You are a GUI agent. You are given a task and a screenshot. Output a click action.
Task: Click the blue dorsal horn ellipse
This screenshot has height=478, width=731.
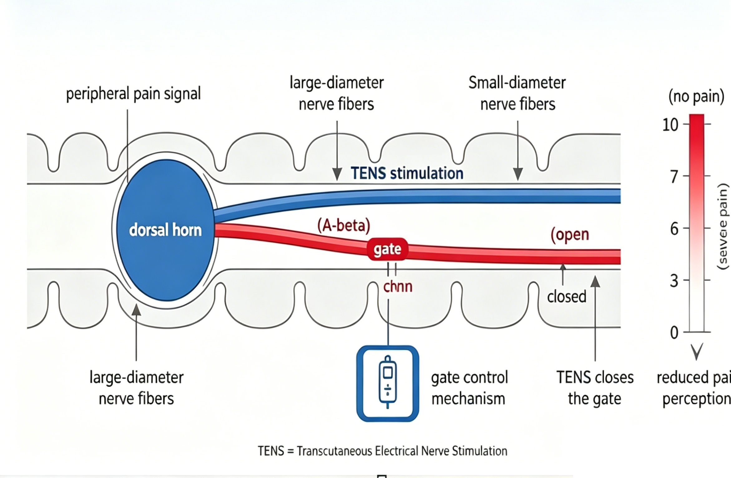pyautogui.click(x=165, y=230)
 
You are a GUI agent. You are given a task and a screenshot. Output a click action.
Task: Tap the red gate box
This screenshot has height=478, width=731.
pyautogui.click(x=387, y=249)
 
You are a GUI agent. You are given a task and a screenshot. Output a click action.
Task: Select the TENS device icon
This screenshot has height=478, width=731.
pyautogui.click(x=387, y=383)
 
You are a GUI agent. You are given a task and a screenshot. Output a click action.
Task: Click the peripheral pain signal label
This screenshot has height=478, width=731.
pyautogui.click(x=133, y=94)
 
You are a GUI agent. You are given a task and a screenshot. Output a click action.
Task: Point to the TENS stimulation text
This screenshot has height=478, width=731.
pyautogui.click(x=407, y=173)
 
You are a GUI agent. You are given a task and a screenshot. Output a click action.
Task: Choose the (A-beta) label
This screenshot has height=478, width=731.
pyautogui.click(x=344, y=225)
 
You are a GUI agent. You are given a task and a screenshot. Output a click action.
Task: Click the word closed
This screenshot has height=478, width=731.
pyautogui.click(x=567, y=297)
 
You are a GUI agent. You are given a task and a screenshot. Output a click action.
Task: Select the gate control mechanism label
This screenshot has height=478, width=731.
pyautogui.click(x=469, y=388)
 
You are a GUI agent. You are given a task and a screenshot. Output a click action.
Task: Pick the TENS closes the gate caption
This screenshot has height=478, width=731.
pyautogui.click(x=595, y=388)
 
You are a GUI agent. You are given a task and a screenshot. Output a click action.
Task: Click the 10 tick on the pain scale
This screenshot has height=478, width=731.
pyautogui.click(x=670, y=125)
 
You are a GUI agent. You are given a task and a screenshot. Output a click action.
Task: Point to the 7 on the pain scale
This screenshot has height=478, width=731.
pyautogui.click(x=674, y=177)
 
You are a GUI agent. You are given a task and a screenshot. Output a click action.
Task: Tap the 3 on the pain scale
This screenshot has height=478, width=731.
pyautogui.click(x=674, y=281)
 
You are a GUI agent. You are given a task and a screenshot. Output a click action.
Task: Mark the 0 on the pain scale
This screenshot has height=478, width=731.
pyautogui.click(x=674, y=333)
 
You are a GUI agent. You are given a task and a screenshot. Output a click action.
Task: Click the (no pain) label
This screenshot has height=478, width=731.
pyautogui.click(x=696, y=96)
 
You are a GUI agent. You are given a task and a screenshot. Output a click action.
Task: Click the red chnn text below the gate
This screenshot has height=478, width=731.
pyautogui.click(x=398, y=287)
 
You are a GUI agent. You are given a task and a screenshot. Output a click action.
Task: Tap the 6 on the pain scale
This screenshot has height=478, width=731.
pyautogui.click(x=674, y=229)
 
